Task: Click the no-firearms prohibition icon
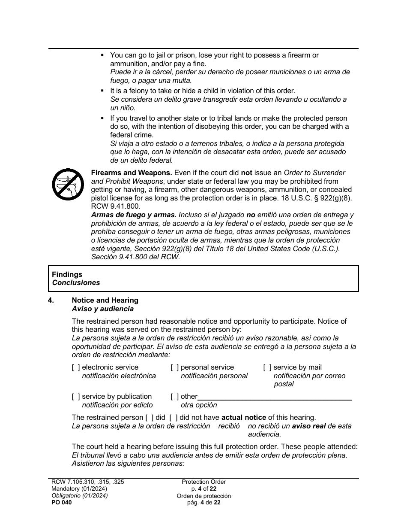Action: point(67,184)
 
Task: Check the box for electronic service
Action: point(76,367)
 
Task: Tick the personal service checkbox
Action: point(175,367)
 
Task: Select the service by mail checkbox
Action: point(267,367)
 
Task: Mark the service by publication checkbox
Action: point(76,397)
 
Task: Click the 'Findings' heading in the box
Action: point(67,275)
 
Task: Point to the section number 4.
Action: point(51,300)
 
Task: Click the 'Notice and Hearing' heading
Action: point(105,300)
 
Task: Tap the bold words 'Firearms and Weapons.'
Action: point(132,173)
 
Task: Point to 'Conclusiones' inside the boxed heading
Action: point(76,283)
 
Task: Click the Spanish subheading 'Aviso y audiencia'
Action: point(103,309)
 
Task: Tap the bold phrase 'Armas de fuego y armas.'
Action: point(134,215)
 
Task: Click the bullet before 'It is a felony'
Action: point(102,91)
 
